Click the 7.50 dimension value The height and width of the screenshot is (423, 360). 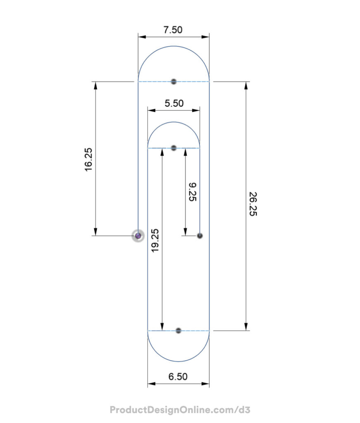[173, 30]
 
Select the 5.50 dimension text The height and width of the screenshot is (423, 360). [174, 103]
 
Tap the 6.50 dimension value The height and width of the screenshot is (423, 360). [178, 376]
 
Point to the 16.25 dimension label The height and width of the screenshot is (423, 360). [88, 159]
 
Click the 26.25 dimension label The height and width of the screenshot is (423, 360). [253, 204]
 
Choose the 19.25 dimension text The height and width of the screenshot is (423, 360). [155, 241]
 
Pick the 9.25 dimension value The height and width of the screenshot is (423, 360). [193, 192]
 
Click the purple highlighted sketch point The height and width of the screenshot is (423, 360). [138, 236]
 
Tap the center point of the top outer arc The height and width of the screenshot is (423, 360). [174, 81]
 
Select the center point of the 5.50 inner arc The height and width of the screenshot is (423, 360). [174, 148]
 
